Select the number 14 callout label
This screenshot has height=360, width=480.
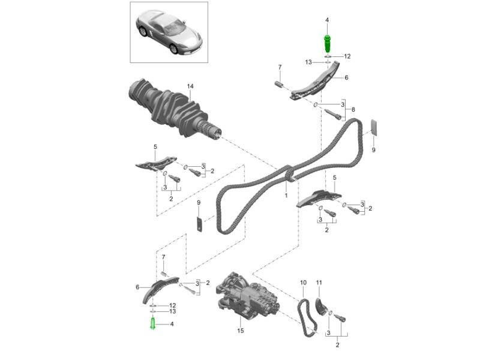click(190, 86)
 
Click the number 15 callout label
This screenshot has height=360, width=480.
click(241, 331)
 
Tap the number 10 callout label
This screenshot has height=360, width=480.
click(303, 283)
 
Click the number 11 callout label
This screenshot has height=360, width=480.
click(319, 283)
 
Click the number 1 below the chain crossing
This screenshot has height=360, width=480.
click(286, 195)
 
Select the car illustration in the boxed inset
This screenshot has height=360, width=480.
click(169, 33)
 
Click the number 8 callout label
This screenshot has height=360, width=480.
click(353, 110)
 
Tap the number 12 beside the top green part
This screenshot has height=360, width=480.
click(347, 56)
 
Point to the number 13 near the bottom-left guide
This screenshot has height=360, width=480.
click(173, 311)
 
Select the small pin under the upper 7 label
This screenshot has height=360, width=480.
click(280, 83)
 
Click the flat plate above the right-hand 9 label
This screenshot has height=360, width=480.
click(374, 127)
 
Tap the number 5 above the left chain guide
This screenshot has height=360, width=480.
click(155, 147)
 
